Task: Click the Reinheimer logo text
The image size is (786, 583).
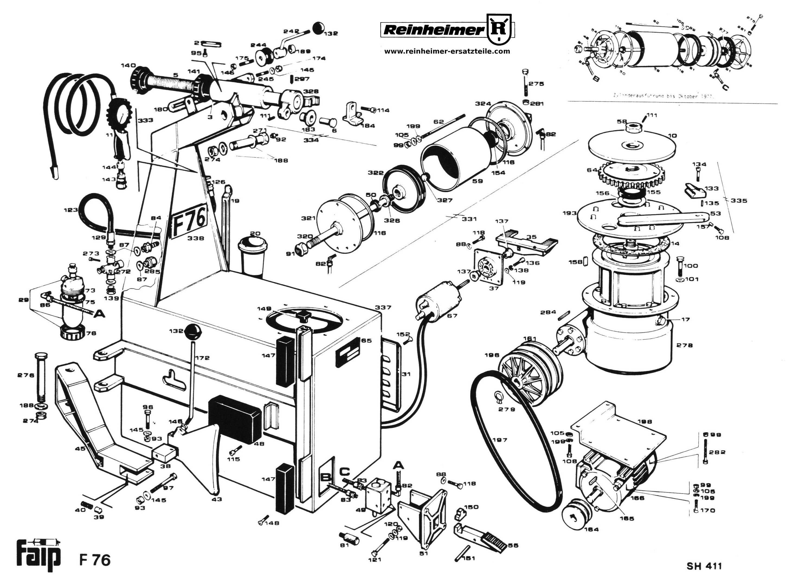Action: pyautogui.click(x=433, y=30)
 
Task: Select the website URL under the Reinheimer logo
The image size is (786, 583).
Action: pyautogui.click(x=447, y=51)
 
